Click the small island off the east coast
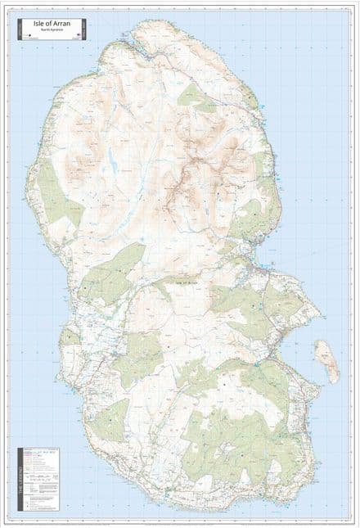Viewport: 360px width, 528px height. point(327,361)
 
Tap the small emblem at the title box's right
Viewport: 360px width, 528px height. point(81,34)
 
